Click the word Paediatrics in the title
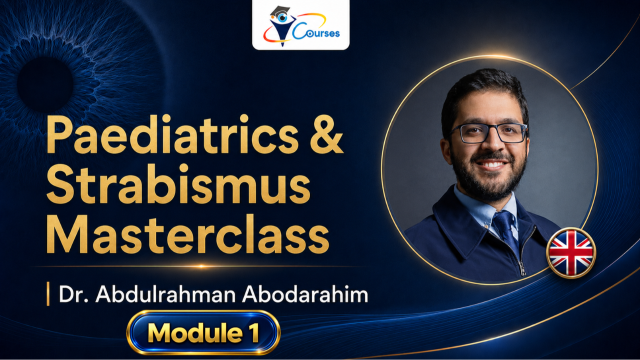coord(172,134)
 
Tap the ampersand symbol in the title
coord(326,134)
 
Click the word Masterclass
coord(187,234)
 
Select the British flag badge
coord(571,253)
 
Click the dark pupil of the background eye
coord(45,84)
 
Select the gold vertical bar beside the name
coord(48,293)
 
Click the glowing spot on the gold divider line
coord(201,266)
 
